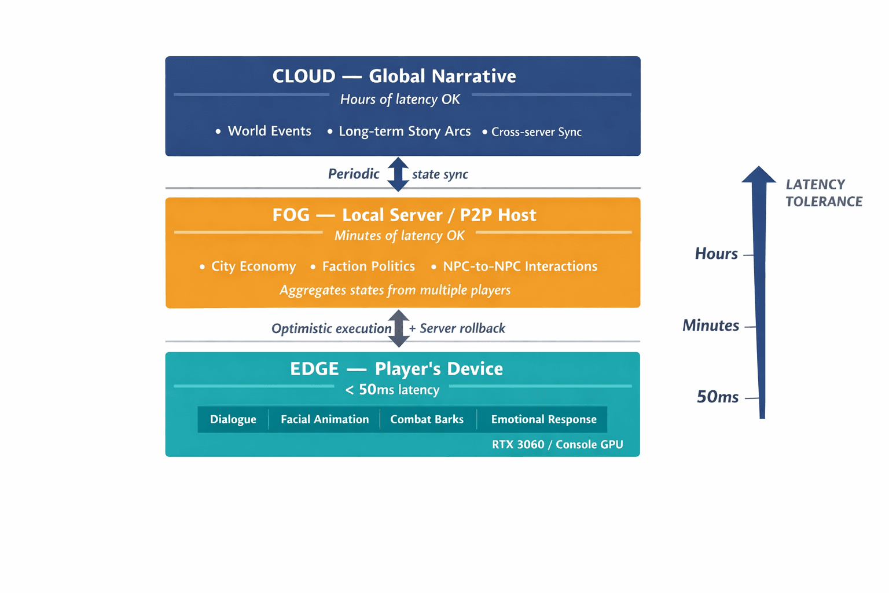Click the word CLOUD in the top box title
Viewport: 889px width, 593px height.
[x=304, y=76]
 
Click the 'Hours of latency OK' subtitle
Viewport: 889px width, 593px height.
[x=400, y=100]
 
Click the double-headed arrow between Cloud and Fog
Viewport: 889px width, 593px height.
[x=398, y=174]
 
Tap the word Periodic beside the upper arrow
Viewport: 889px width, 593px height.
[x=354, y=174]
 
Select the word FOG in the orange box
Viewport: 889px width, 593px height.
[x=291, y=215]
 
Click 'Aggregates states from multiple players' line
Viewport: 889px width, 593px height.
[x=395, y=290]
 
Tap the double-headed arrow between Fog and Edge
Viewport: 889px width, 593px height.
[x=398, y=328]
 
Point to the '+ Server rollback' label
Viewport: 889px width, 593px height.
[x=457, y=328]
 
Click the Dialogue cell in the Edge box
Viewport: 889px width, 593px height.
[x=233, y=419]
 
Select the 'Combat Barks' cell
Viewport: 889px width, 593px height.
[x=427, y=419]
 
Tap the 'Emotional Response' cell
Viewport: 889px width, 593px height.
[x=543, y=419]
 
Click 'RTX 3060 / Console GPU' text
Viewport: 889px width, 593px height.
[x=557, y=444]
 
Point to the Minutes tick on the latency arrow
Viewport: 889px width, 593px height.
[x=750, y=327]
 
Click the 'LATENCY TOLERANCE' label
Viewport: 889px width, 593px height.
[x=824, y=193]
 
